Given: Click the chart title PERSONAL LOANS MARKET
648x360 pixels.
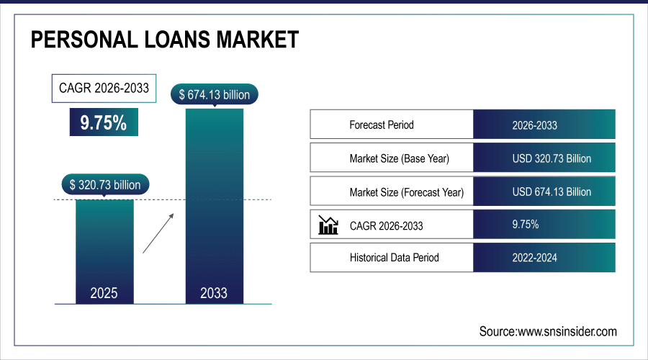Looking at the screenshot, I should (x=164, y=40).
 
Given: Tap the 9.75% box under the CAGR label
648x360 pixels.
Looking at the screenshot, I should (x=103, y=122).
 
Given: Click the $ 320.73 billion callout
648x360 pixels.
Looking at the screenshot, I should (x=105, y=184).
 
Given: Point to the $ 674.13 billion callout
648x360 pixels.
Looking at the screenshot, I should (x=214, y=94).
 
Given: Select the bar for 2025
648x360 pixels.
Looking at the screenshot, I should (x=104, y=245).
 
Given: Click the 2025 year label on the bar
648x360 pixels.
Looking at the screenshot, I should (x=104, y=293).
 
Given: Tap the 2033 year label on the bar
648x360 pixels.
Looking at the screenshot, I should (x=214, y=293).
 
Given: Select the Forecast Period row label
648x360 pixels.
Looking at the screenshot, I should (x=382, y=125).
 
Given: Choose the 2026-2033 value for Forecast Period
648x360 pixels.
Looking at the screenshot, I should (x=534, y=125).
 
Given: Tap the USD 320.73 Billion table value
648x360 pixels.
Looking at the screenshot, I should (x=552, y=158).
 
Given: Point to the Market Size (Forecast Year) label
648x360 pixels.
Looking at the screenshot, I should (x=407, y=192).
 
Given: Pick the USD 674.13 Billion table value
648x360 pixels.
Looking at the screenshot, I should (x=552, y=192).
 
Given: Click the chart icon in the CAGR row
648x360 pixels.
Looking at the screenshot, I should (x=328, y=225).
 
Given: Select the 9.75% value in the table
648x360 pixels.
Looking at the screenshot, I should (x=526, y=225).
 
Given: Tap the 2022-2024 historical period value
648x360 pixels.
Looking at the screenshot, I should (x=534, y=257).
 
